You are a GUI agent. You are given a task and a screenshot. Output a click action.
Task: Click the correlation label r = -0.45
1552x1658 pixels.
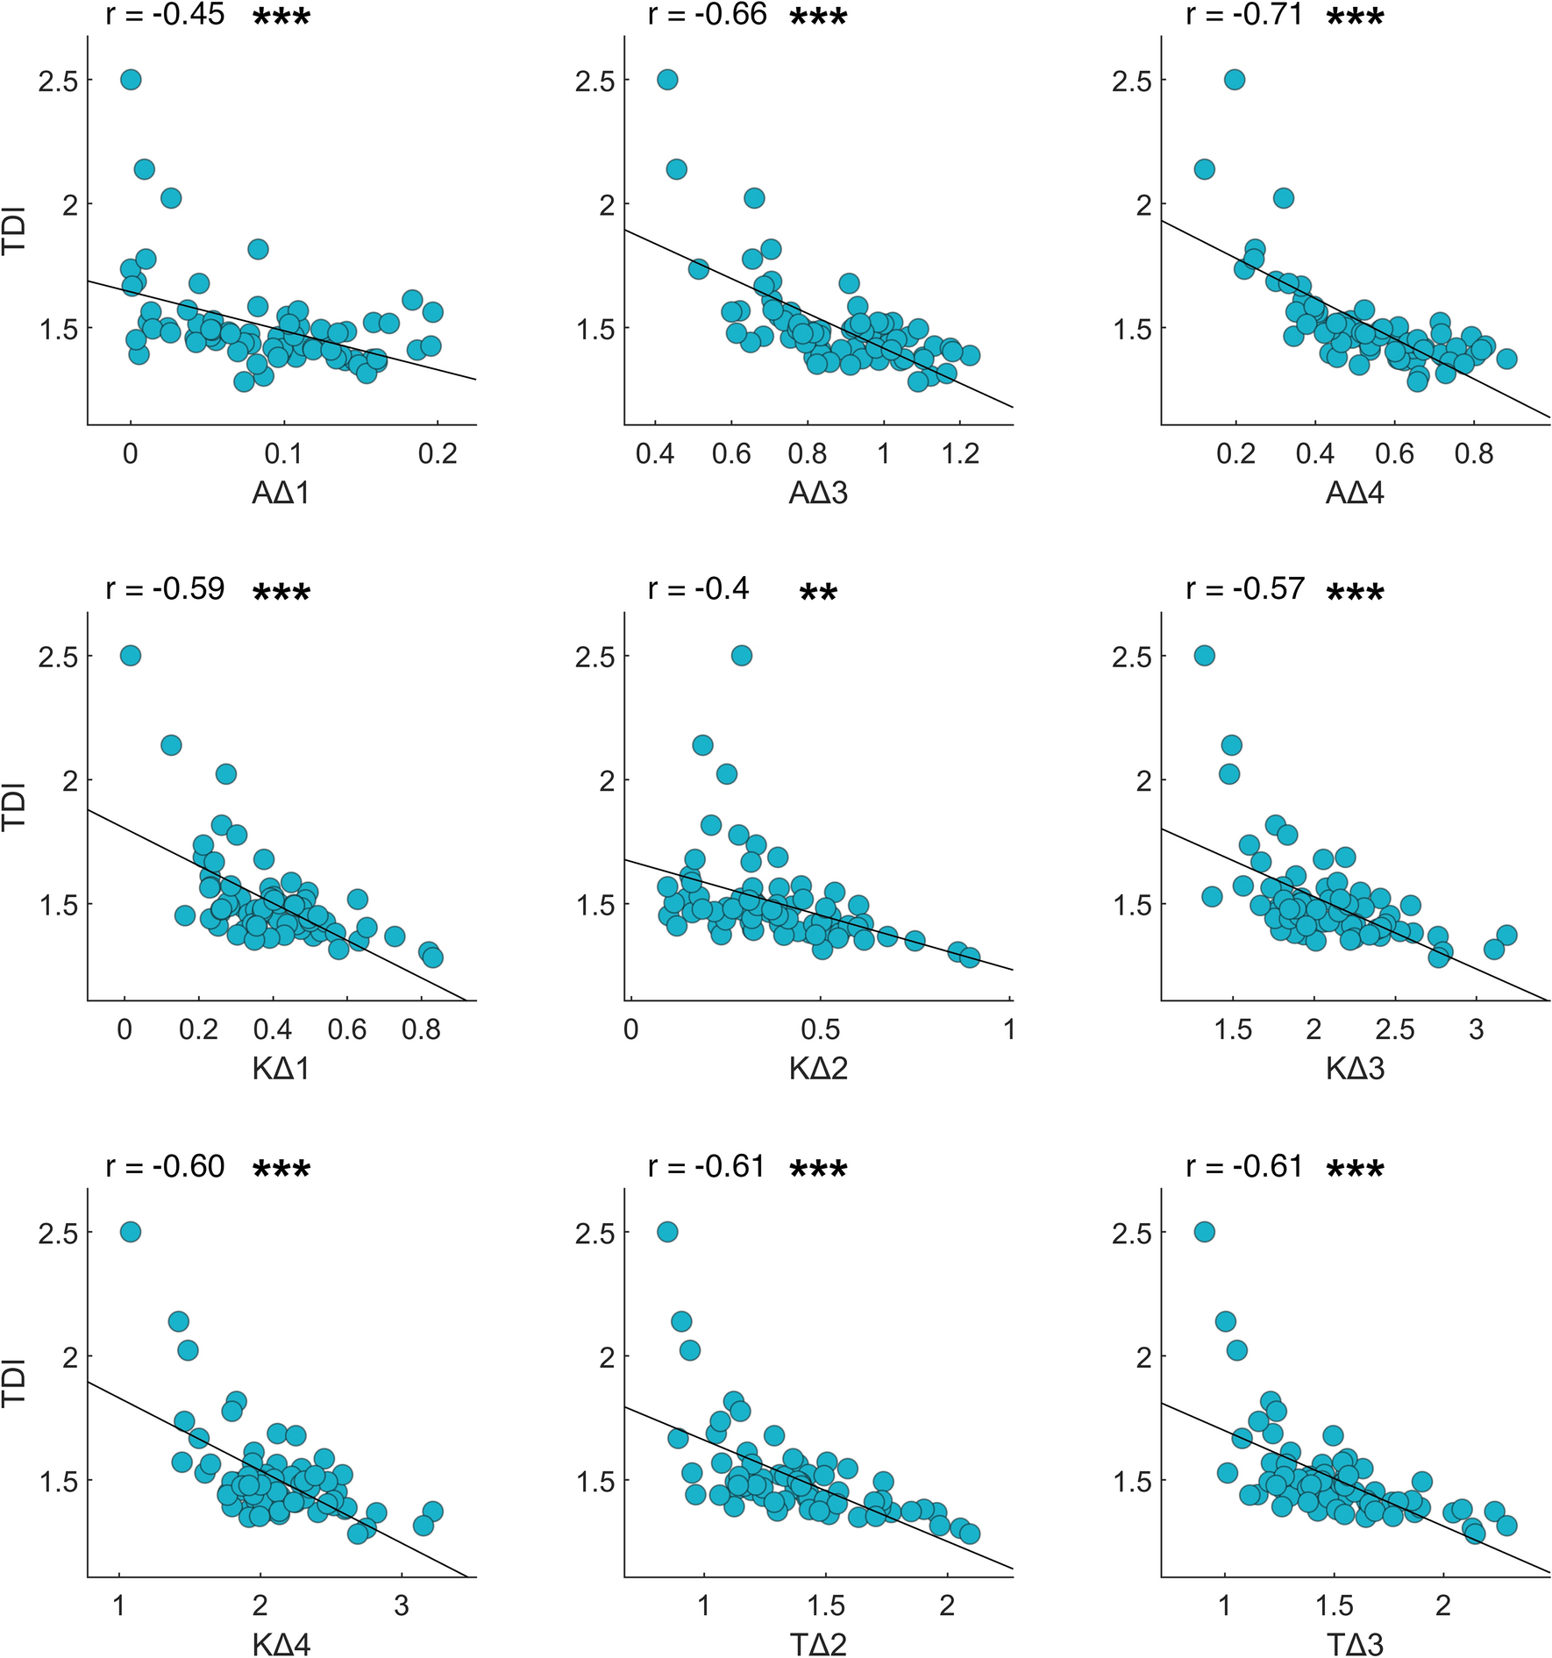click(x=165, y=15)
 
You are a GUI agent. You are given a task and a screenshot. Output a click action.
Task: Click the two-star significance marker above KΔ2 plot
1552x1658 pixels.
click(x=818, y=594)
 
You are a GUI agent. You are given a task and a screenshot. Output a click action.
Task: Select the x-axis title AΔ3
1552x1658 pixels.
click(x=818, y=494)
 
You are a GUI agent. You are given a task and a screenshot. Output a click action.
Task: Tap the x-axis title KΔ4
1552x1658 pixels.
click(x=281, y=1644)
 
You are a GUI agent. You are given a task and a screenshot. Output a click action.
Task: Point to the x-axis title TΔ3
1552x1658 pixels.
click(x=1355, y=1644)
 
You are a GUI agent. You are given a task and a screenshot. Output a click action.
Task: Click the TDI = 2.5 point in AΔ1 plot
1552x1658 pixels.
click(x=131, y=80)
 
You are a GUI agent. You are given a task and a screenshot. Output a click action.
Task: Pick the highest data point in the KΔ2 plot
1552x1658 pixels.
click(x=742, y=655)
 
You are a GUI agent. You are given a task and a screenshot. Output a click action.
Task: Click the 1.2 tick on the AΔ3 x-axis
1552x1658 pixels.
click(x=960, y=454)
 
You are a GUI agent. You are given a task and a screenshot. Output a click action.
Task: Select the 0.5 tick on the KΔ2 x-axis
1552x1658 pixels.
click(x=820, y=1029)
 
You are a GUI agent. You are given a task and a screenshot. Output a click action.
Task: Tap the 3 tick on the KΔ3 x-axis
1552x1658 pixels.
click(x=1477, y=1029)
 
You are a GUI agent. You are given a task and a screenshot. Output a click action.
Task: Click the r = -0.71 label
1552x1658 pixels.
click(x=1243, y=15)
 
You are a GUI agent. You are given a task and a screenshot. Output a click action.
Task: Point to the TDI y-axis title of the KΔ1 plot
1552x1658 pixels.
click(x=14, y=806)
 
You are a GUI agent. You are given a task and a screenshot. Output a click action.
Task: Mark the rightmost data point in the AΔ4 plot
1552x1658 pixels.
click(x=1506, y=359)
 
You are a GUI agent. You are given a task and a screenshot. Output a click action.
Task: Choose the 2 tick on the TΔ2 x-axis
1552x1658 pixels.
click(x=947, y=1605)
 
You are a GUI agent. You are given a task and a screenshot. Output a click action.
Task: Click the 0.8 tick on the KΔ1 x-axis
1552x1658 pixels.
click(x=421, y=1029)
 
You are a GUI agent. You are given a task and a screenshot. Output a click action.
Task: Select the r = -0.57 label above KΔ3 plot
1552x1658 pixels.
click(x=1245, y=589)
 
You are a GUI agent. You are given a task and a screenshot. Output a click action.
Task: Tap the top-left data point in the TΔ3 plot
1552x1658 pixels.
click(x=1205, y=1232)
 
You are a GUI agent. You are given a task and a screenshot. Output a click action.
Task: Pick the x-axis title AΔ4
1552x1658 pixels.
click(x=1355, y=494)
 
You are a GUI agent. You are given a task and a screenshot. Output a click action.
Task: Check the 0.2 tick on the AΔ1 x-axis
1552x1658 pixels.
click(x=438, y=454)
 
